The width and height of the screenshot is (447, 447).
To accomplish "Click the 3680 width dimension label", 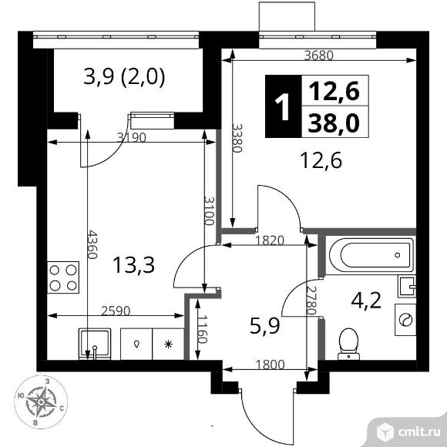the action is pyautogui.click(x=319, y=55).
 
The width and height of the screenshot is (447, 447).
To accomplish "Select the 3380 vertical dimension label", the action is pyautogui.click(x=237, y=138).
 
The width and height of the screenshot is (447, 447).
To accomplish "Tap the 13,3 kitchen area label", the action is pyautogui.click(x=133, y=265).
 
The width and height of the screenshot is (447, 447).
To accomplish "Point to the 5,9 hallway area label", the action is pyautogui.click(x=265, y=326).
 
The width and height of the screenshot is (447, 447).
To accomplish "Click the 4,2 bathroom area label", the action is pyautogui.click(x=366, y=301).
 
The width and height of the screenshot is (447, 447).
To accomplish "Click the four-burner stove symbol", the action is pyautogui.click(x=63, y=277).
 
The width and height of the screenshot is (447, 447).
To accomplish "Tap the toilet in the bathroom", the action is pyautogui.click(x=348, y=344).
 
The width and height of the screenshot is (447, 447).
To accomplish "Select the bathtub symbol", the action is pyautogui.click(x=371, y=254).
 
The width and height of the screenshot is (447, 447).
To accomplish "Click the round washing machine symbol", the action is pyautogui.click(x=405, y=319).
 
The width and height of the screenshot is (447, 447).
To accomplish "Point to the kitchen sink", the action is pyautogui.click(x=94, y=344).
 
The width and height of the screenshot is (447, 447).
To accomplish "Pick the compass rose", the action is pyautogui.click(x=41, y=402).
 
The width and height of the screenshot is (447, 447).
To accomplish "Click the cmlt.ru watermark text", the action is pyautogui.click(x=418, y=432).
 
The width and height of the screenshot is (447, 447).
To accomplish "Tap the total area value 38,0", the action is pyautogui.click(x=334, y=123).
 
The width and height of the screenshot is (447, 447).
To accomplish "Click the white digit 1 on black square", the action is pyautogui.click(x=283, y=106).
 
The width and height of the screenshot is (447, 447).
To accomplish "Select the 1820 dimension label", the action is pyautogui.click(x=270, y=240).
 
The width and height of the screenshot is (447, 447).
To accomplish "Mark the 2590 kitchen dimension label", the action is pyautogui.click(x=116, y=311).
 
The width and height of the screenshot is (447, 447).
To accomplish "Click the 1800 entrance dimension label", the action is pyautogui.click(x=271, y=365).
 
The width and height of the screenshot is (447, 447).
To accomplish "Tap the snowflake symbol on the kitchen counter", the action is pyautogui.click(x=169, y=344).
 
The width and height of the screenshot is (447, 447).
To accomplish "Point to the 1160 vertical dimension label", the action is pyautogui.click(x=202, y=329).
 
